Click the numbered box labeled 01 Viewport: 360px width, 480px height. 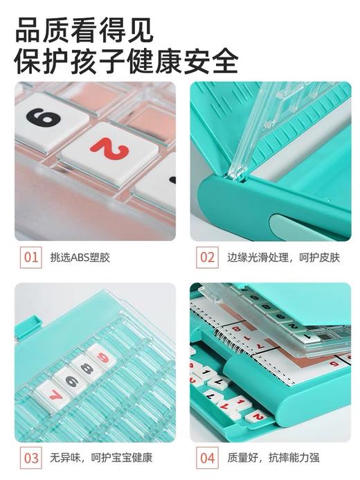pos(30,258)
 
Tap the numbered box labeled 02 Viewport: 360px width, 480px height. pos(208,258)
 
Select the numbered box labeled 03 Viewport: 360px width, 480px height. pos(30,458)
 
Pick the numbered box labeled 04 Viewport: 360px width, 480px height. pos(208,458)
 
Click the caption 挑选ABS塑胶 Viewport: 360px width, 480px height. pos(80,258)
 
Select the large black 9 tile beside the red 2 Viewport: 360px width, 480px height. pos(43,119)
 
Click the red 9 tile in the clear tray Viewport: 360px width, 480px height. pos(103,357)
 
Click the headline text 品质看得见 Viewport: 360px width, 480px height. pos(84,29)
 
